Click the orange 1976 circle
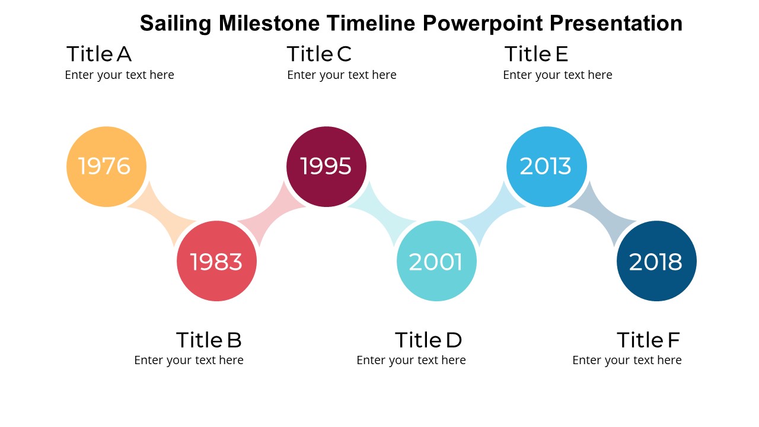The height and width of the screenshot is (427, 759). pos(106,167)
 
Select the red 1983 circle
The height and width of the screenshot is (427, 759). pos(216,261)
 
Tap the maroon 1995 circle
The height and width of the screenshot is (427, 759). pos(326,167)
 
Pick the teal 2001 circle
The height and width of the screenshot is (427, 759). pos(436,261)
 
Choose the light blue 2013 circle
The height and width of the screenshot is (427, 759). pos(547,167)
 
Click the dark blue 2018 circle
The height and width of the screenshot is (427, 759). pos(656,261)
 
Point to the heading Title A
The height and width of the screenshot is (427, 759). pos(99,54)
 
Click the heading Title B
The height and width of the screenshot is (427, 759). pos(209,340)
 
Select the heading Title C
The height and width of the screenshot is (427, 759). pos(319,54)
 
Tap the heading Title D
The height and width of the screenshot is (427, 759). pos(428,340)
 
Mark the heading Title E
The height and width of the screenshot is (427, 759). pos(536,54)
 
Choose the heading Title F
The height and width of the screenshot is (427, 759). pos(648,340)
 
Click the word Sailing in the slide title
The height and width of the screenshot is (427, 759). pos(176,23)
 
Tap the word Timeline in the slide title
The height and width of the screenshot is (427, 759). pos(371,23)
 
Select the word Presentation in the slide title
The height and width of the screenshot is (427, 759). pos(616,23)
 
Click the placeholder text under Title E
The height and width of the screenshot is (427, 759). pos(558,75)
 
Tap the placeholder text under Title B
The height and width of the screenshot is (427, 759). pos(189,360)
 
